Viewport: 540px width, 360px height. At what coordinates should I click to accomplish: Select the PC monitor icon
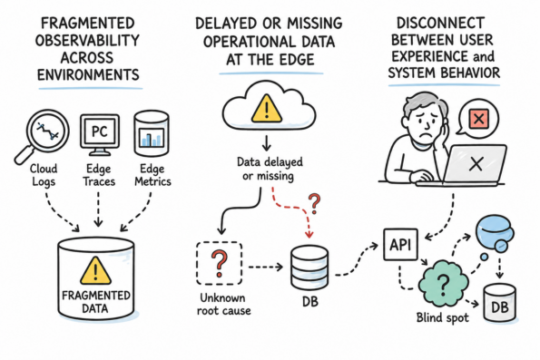[x=100, y=135]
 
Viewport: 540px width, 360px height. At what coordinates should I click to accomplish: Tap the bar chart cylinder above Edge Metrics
[x=152, y=133]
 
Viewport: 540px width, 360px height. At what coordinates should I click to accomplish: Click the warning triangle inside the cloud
[x=267, y=109]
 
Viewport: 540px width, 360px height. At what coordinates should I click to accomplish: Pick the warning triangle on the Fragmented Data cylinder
[x=95, y=270]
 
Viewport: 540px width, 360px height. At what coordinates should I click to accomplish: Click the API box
[x=400, y=245]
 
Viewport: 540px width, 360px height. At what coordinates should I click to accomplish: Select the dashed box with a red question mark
[x=220, y=263]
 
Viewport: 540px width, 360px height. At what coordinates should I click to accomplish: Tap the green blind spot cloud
[x=443, y=284]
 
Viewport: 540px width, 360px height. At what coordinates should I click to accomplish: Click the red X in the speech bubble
[x=478, y=119]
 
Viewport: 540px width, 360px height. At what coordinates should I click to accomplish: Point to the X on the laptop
[x=476, y=164]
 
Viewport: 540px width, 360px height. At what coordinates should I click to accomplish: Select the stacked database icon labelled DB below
[x=309, y=268]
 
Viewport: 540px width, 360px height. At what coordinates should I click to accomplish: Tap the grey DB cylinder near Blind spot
[x=500, y=303]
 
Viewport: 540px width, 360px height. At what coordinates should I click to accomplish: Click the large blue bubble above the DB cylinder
[x=493, y=229]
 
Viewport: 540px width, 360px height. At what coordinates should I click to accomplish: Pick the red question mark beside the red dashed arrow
[x=314, y=203]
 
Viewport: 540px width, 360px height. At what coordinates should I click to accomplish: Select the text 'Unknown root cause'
[x=223, y=305]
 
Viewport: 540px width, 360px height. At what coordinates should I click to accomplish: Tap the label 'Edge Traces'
[x=99, y=175]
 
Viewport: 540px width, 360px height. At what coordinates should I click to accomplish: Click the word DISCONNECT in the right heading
[x=440, y=24]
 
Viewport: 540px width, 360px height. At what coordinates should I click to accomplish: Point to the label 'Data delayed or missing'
[x=270, y=170]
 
